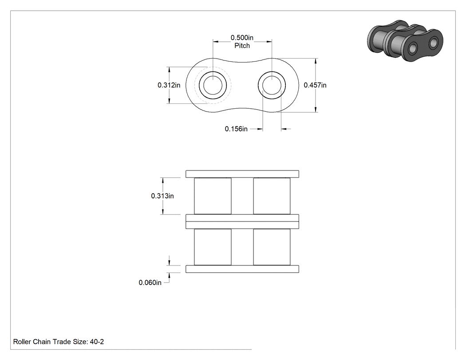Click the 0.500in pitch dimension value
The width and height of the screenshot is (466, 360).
[x=242, y=38]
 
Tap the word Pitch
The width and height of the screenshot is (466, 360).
[x=242, y=46]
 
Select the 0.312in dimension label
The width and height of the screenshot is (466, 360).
[x=169, y=85]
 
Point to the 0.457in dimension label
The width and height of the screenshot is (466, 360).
[x=315, y=85]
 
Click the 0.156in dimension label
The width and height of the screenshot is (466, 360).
[x=236, y=129]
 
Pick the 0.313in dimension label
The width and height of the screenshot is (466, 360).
[x=162, y=196]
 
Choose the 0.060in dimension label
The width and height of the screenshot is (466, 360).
[x=150, y=282]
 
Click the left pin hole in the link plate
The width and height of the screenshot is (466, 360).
[x=213, y=85]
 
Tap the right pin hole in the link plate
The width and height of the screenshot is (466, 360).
[x=272, y=85]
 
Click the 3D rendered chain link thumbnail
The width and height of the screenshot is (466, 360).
[x=405, y=41]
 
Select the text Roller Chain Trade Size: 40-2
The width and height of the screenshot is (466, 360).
[x=59, y=341]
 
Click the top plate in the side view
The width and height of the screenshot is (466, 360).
[x=242, y=174]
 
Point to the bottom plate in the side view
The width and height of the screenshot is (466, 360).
[x=242, y=269]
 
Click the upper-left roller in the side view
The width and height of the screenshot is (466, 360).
[x=213, y=196]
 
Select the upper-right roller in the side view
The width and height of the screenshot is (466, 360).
[x=272, y=196]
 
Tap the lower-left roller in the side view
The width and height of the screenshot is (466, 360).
[x=213, y=247]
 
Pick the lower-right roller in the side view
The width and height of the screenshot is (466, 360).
[x=272, y=247]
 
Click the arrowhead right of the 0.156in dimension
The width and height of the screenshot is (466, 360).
[x=284, y=129]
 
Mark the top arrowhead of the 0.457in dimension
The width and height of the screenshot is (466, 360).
[x=316, y=61]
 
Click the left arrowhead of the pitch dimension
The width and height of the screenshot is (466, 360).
[x=215, y=42]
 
